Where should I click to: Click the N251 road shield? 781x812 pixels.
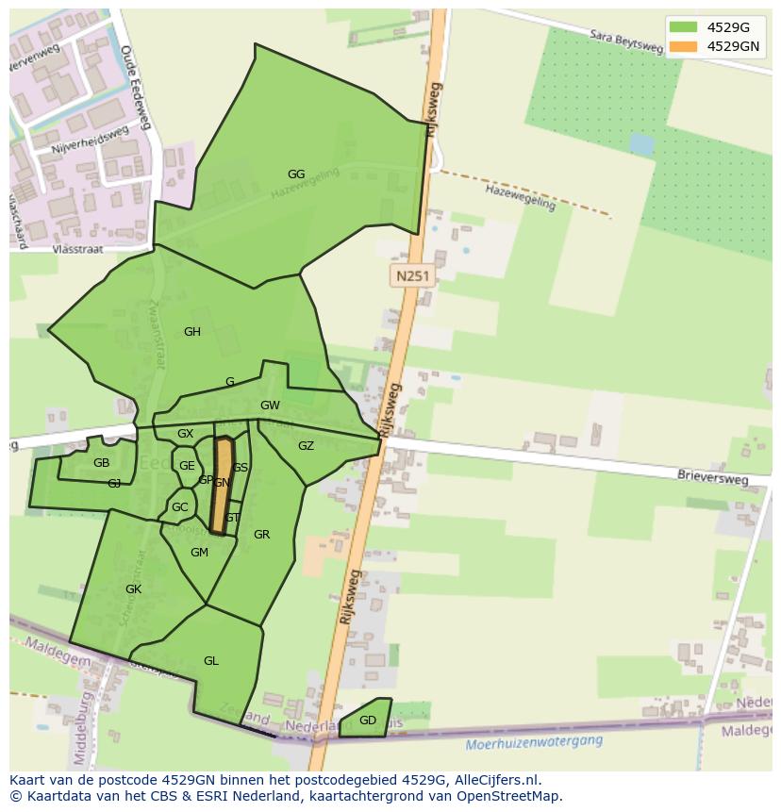click(x=412, y=276)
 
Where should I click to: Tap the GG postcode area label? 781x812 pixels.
click(x=296, y=174)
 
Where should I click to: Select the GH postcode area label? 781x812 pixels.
click(x=192, y=332)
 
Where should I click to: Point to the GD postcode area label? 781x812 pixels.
click(x=368, y=721)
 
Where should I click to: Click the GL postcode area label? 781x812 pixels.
click(x=211, y=661)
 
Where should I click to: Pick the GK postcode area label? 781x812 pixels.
click(x=133, y=589)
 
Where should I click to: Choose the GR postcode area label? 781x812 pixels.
click(x=262, y=535)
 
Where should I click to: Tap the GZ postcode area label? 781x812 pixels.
click(x=306, y=446)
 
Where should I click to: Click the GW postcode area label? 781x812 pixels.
click(x=271, y=406)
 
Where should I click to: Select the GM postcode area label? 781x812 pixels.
click(x=199, y=553)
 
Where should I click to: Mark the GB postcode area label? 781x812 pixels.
click(x=101, y=463)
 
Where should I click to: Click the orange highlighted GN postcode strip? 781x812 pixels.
click(x=223, y=486)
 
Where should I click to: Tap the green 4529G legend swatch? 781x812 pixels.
click(x=684, y=26)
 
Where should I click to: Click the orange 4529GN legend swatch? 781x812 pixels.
click(x=684, y=45)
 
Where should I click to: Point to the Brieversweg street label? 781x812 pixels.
click(x=712, y=477)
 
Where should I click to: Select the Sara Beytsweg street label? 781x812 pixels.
click(x=626, y=47)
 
